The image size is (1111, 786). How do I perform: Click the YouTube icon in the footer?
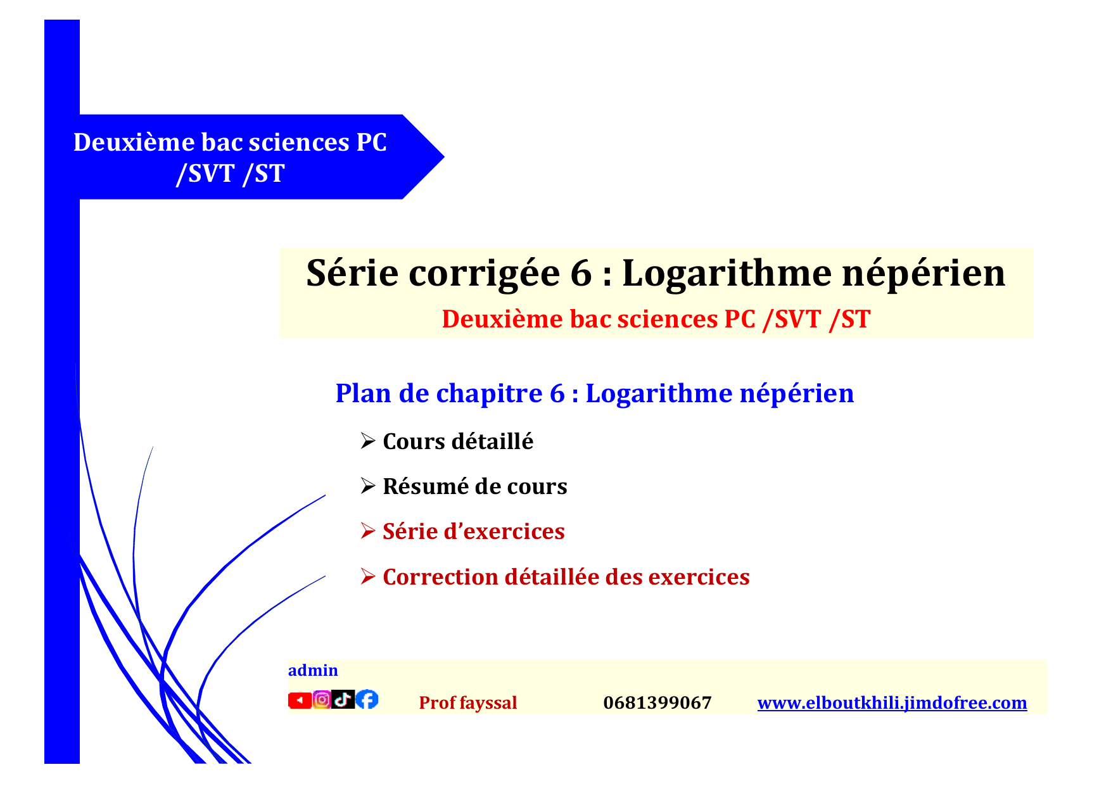click(300, 700)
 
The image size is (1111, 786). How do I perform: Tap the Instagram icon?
click(322, 699)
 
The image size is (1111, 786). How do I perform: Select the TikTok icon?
click(343, 699)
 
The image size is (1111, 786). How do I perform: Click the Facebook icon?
click(367, 699)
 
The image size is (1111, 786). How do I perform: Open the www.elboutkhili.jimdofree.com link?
click(892, 703)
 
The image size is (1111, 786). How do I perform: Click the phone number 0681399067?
click(657, 703)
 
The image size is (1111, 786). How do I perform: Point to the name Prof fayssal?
click(468, 703)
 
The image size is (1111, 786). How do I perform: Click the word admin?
click(313, 670)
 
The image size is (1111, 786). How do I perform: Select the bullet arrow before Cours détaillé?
click(368, 441)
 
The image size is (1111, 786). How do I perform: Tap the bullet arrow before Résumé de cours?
click(368, 486)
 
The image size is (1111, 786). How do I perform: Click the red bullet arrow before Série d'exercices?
click(368, 531)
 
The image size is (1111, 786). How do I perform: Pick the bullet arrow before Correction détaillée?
click(368, 576)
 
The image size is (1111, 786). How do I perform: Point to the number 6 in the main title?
click(581, 274)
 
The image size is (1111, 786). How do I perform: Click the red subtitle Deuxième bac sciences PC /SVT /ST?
click(656, 319)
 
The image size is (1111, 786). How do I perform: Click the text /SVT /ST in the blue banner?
click(231, 174)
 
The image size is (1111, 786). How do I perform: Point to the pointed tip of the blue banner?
click(444, 157)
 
